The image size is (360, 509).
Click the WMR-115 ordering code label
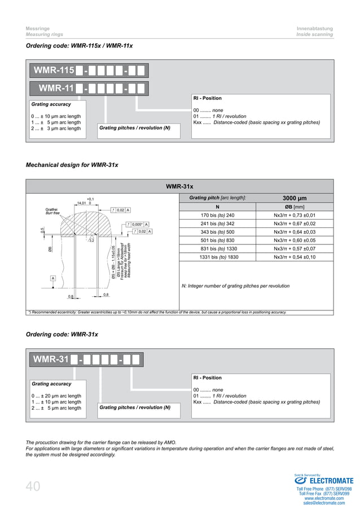click(x=54, y=71)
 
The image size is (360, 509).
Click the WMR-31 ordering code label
click(x=51, y=359)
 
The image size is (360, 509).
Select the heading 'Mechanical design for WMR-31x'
click(x=72, y=165)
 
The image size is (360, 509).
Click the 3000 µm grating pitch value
click(x=294, y=198)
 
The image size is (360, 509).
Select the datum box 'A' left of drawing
click(x=53, y=278)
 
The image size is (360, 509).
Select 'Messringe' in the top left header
click(x=38, y=28)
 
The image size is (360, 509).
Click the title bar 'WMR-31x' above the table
click(x=179, y=186)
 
